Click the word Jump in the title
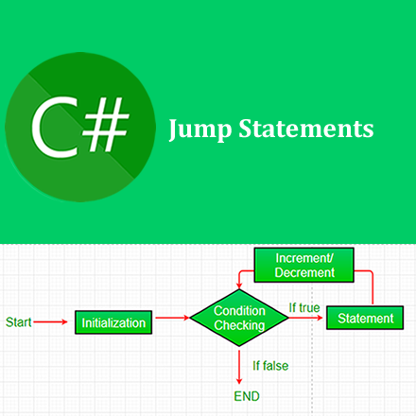point(200,130)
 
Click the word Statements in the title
point(306,129)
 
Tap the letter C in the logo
point(55,128)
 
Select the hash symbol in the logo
point(106,124)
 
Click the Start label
point(19,322)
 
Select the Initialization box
point(113,322)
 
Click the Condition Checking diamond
point(239,318)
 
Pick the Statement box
point(365,318)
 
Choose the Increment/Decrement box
point(304,265)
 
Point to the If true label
point(304,307)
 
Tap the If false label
point(270,366)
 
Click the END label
point(247,396)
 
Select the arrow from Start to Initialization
point(50,321)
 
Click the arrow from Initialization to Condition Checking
point(172,318)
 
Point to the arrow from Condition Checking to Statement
point(305,318)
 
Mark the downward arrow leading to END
point(239,366)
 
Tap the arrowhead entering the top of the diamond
point(239,286)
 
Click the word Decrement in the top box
point(304,272)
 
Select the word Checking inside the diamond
point(239,325)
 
